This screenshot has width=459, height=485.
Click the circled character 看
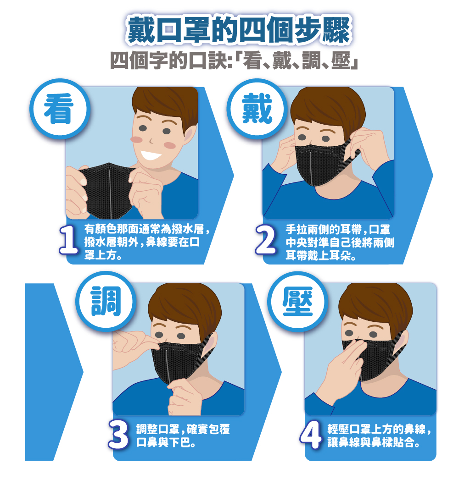59,109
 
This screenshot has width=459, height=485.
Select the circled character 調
106,301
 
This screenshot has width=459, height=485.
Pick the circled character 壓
297,301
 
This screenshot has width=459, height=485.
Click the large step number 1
68,240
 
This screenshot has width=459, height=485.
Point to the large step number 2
266,240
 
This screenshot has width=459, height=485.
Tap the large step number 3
118,435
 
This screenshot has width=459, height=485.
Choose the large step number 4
311,435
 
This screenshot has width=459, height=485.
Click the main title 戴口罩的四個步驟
239,30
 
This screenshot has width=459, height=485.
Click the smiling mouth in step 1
151,154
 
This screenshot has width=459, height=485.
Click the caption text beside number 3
183,436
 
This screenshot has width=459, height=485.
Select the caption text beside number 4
379,436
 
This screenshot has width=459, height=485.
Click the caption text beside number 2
340,242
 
